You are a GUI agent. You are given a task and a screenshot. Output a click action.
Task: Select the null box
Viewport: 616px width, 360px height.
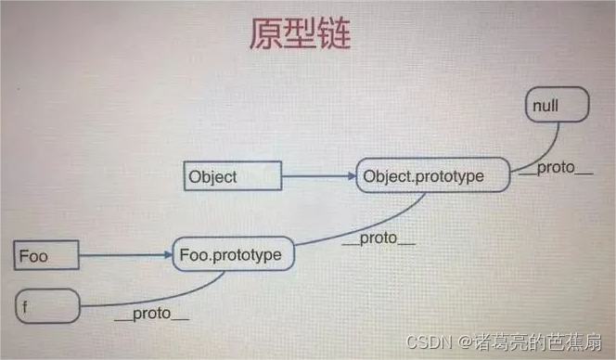point(558,105)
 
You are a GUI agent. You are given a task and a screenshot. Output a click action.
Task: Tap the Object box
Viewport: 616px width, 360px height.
point(234,175)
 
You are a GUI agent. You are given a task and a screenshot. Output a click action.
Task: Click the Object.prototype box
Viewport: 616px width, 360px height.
point(432,175)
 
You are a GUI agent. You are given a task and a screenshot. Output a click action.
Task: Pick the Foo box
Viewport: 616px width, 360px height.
point(45,254)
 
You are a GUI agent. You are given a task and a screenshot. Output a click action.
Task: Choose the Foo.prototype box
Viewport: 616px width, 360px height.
point(234,254)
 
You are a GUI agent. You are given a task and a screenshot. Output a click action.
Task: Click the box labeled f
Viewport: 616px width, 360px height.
point(47,305)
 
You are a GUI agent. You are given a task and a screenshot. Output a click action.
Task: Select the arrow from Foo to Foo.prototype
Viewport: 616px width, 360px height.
point(123,253)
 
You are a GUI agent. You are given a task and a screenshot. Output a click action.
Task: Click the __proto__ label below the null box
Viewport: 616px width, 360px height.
point(556,169)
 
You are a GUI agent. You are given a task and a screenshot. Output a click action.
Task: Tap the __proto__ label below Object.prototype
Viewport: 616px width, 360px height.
point(379,238)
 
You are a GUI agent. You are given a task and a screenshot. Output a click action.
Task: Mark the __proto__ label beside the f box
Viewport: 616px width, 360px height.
point(151,314)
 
